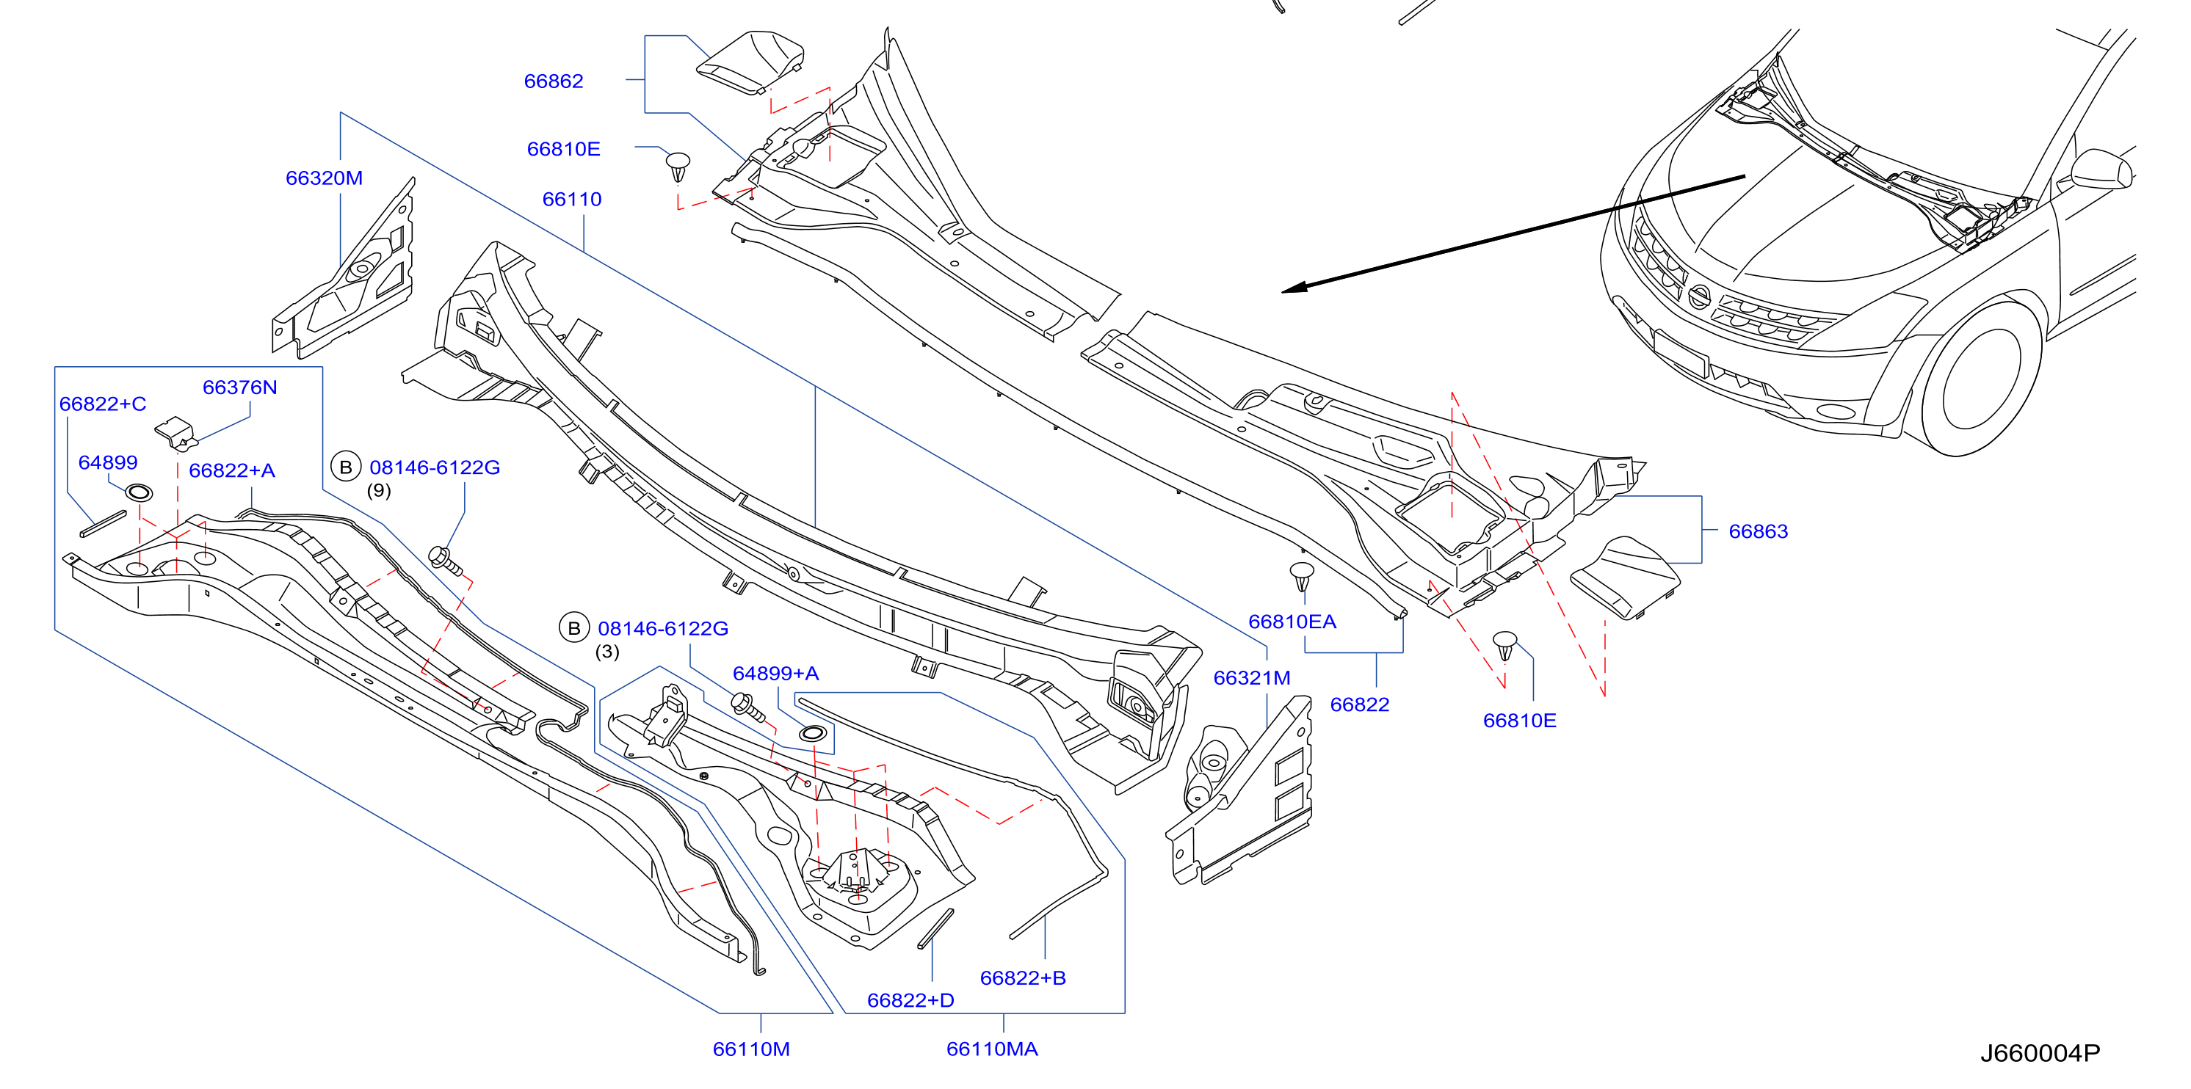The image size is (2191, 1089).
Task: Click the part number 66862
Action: tap(553, 81)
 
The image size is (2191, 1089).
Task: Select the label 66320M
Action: tap(324, 178)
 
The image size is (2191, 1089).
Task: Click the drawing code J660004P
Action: tap(2040, 1053)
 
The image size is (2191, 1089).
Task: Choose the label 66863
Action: tap(1758, 531)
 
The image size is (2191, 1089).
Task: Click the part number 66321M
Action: tap(1251, 677)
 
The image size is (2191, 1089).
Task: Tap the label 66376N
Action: tap(240, 387)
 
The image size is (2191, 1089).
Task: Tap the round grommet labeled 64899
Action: tap(139, 492)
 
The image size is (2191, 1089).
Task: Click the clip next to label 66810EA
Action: tap(1301, 575)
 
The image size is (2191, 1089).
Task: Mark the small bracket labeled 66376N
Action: tap(176, 434)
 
